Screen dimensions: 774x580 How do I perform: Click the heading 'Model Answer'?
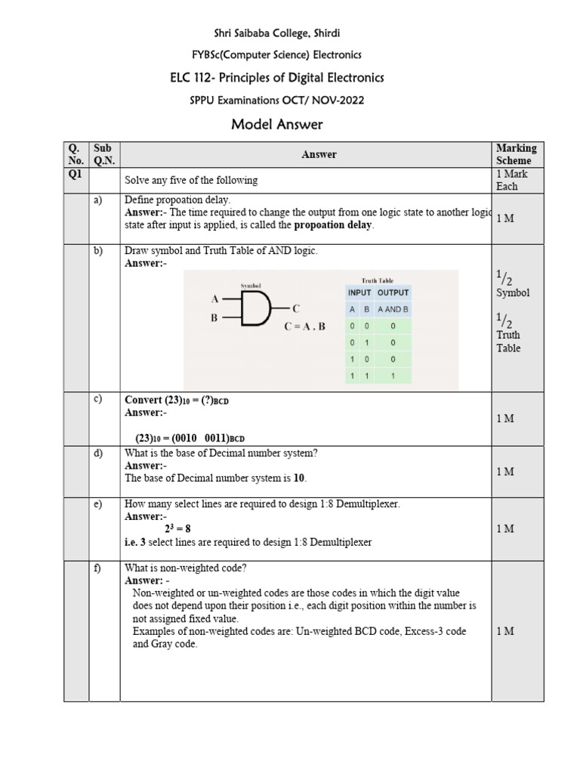pos(277,125)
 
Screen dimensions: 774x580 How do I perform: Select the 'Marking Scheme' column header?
pos(516,154)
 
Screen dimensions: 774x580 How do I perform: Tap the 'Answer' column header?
pos(319,154)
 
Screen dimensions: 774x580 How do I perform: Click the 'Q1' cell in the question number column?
pos(76,174)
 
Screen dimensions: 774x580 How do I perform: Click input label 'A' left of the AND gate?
pos(214,299)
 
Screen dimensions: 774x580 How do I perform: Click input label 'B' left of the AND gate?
pos(214,319)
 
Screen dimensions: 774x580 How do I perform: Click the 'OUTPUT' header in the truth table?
pos(393,293)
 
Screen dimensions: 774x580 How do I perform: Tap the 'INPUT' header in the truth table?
pos(359,293)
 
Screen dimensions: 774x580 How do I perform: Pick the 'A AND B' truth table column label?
pos(393,309)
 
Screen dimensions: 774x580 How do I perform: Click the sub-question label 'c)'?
pos(97,399)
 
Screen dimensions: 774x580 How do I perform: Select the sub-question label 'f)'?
pos(97,568)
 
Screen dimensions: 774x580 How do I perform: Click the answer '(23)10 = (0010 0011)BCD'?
pos(190,438)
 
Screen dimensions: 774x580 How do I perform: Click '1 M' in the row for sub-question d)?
pos(505,472)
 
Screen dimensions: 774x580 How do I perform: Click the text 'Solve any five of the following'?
pos(191,181)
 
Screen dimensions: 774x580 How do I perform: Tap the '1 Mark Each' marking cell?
pos(512,180)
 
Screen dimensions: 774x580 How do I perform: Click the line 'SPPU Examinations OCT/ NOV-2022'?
pos(277,101)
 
